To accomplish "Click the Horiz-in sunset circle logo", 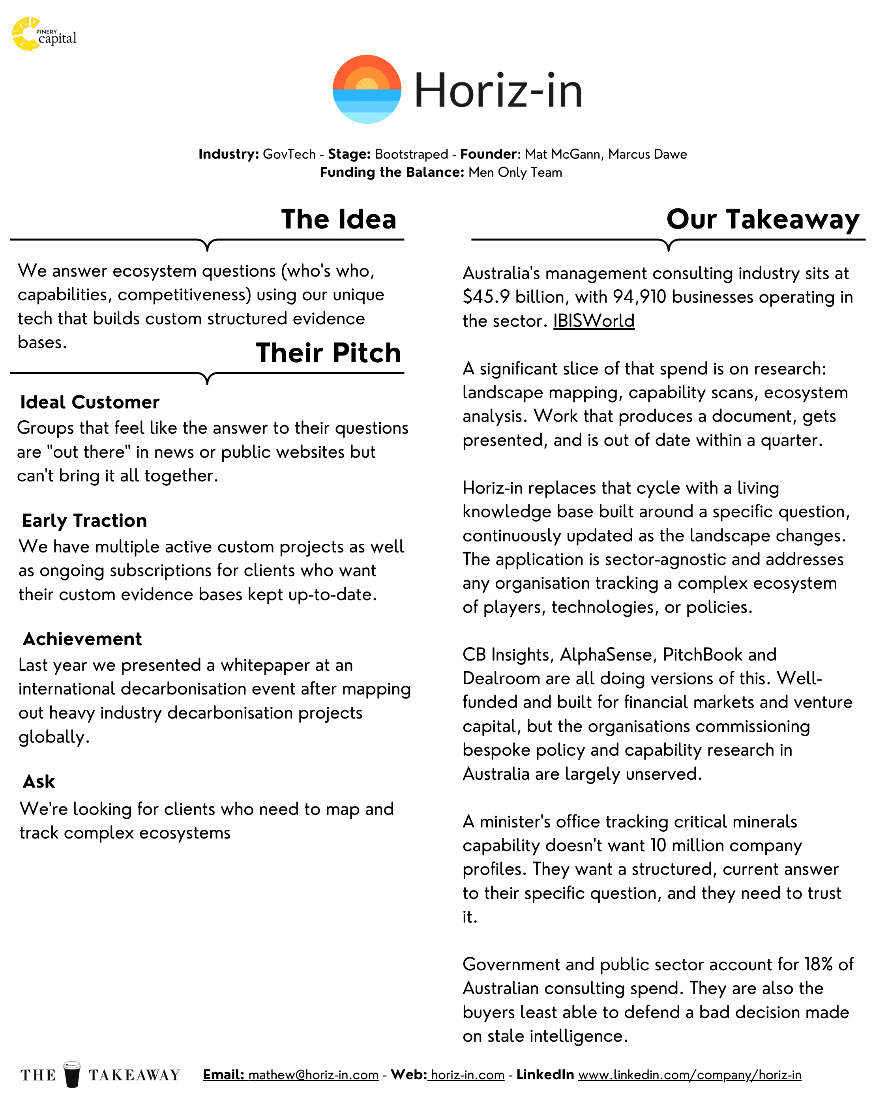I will (366, 89).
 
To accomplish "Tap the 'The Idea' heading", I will (338, 219).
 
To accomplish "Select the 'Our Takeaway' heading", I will (762, 219).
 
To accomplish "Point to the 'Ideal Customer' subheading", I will (90, 402).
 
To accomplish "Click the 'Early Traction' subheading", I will (84, 520).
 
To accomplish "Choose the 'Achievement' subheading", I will (82, 639).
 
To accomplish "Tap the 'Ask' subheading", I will (39, 782).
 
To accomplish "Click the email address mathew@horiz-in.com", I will (313, 1075).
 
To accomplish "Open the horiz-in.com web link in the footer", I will (467, 1075).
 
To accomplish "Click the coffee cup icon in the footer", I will (72, 1074).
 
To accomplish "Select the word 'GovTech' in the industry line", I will (289, 154).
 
